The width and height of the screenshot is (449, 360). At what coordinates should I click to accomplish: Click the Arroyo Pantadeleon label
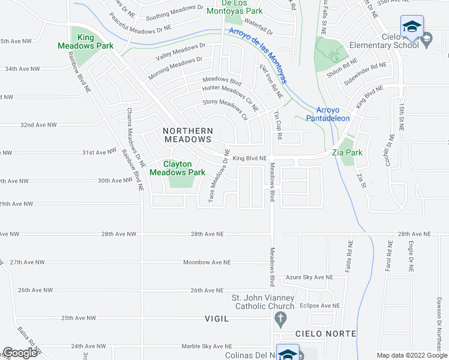click(333, 114)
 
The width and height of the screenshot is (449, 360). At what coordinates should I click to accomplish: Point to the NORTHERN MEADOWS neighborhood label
click(187, 134)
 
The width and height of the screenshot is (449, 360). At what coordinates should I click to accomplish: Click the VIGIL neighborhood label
click(217, 319)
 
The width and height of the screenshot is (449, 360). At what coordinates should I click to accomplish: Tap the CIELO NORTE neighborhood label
click(325, 334)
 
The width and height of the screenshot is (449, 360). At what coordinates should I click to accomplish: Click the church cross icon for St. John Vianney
click(280, 319)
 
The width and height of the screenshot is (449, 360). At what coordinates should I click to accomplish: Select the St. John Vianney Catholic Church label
click(264, 302)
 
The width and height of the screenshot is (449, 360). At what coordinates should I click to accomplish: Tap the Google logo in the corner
click(20, 353)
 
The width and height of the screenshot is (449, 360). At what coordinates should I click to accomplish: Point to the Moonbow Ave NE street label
click(207, 262)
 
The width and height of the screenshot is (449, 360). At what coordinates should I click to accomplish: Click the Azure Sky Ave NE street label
click(309, 277)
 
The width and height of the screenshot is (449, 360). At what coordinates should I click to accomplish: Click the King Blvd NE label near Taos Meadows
click(249, 158)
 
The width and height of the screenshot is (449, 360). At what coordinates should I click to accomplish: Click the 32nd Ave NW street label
click(38, 125)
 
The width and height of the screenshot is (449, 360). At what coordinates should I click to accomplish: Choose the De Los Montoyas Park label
click(235, 7)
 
